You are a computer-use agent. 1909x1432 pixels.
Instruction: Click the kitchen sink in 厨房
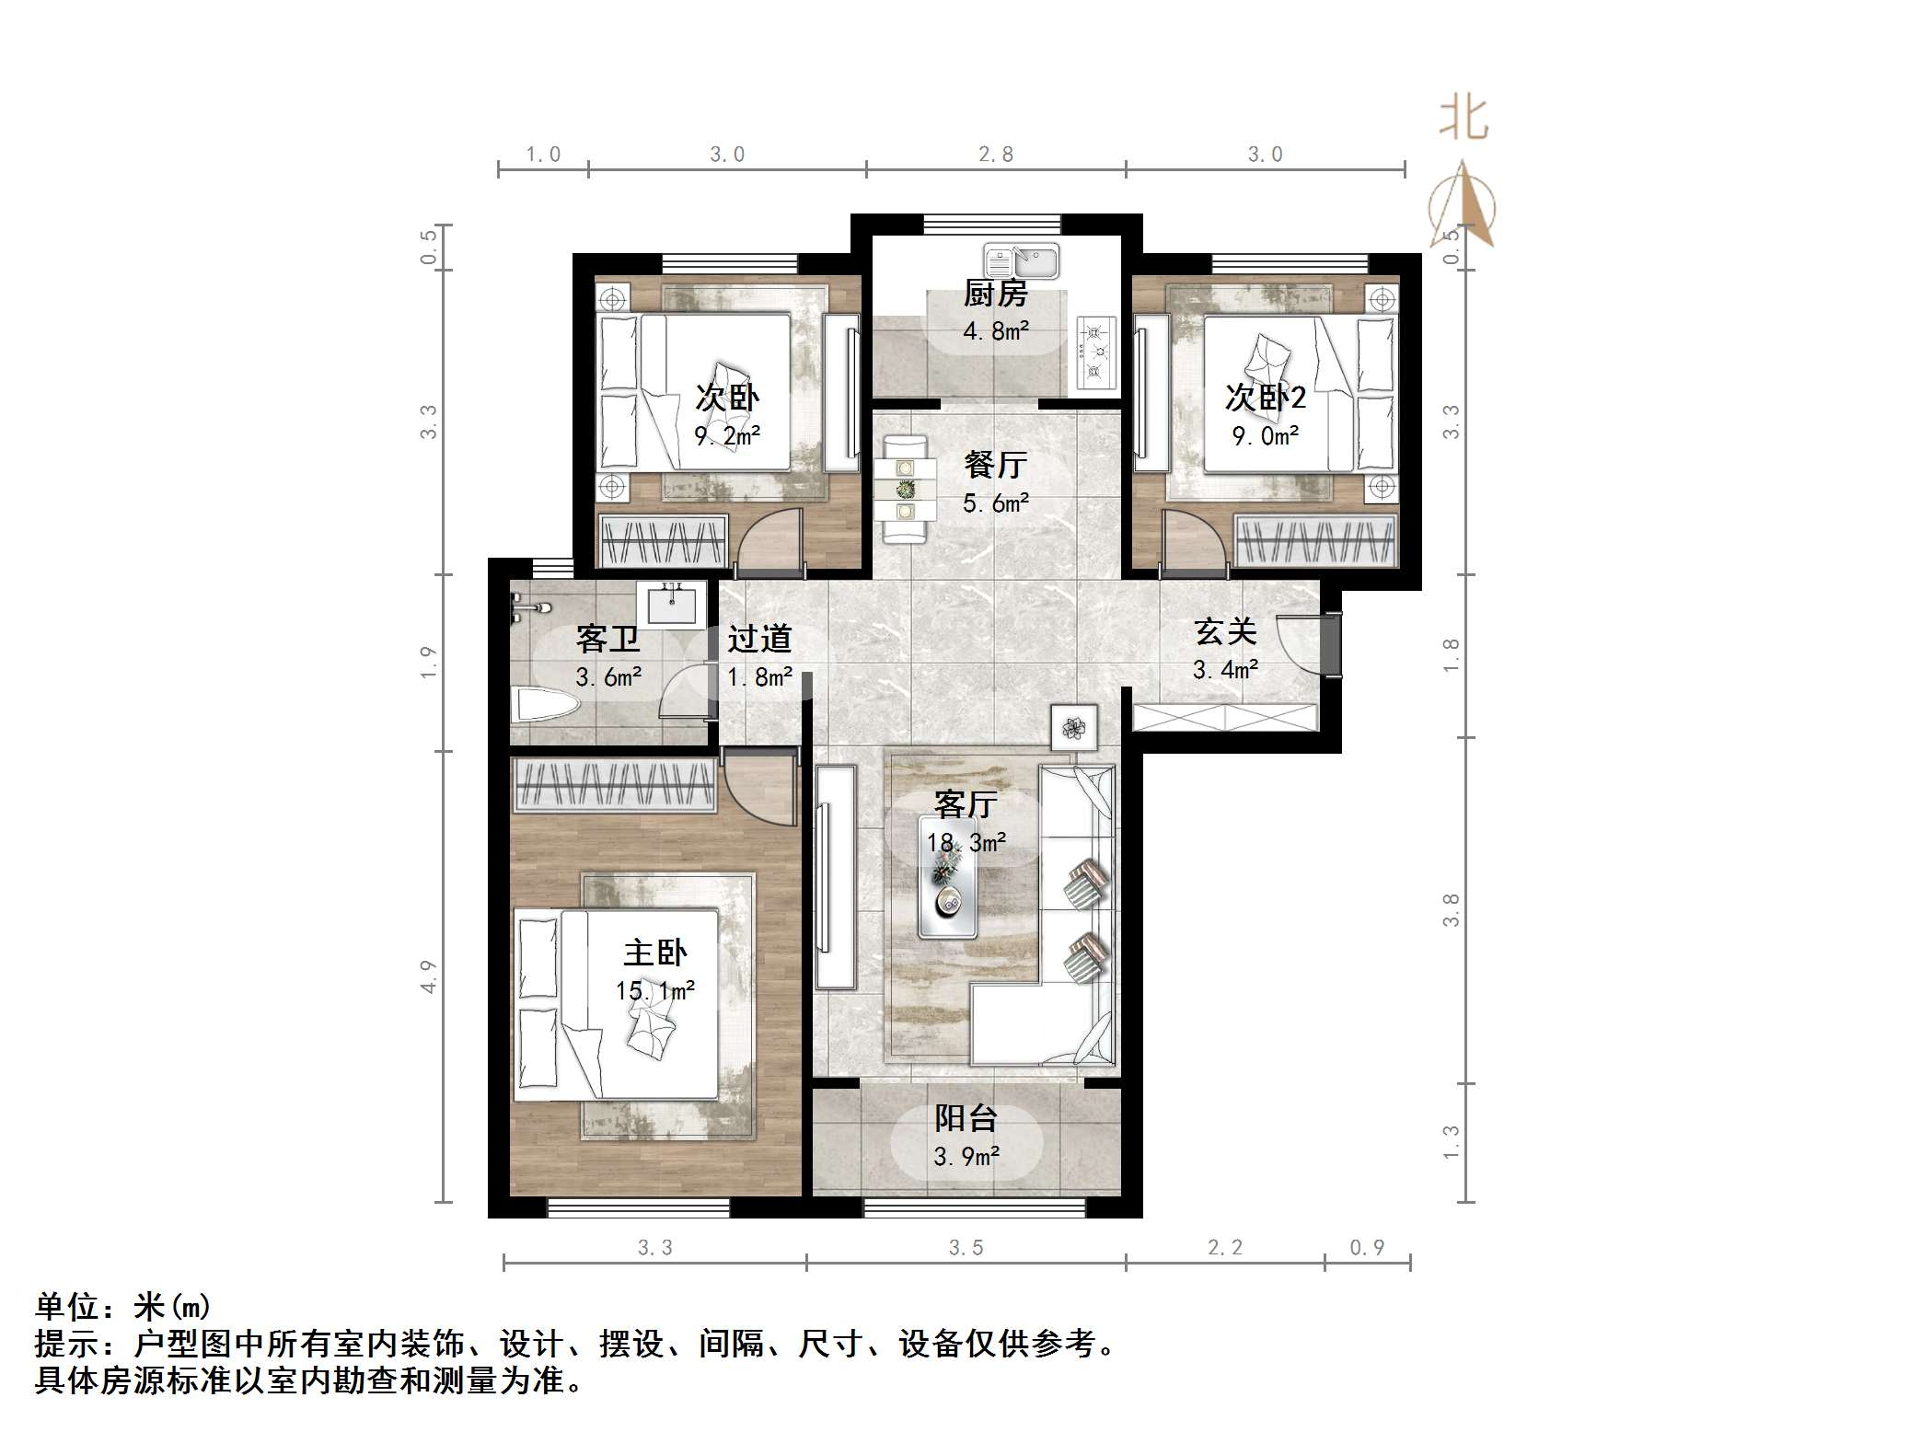coord(1021,260)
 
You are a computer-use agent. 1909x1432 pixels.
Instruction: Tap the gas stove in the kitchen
coord(1095,352)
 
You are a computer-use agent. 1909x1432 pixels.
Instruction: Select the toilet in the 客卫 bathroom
coord(545,706)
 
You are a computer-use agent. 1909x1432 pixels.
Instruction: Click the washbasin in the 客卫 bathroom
coord(671,604)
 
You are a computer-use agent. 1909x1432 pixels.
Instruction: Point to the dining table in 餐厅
coord(906,491)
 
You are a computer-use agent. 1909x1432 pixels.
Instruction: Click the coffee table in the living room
coord(947,876)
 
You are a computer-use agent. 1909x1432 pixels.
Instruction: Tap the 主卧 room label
coord(654,953)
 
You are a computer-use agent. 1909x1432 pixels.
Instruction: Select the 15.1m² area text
coord(654,991)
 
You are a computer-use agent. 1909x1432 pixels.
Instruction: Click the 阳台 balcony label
coord(966,1118)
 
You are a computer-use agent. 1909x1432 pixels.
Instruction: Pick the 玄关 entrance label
coord(1225,632)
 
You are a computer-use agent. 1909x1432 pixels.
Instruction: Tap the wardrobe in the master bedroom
coord(613,785)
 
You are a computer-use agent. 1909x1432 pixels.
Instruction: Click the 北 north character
coord(1464,120)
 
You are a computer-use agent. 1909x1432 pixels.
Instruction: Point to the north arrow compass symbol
coord(1463,207)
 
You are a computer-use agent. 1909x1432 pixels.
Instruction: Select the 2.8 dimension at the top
coord(995,155)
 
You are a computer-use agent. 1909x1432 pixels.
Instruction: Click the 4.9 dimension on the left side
coord(428,976)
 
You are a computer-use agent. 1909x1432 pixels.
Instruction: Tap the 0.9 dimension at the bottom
coord(1367,1247)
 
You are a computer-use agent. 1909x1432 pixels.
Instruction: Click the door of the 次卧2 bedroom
coord(1193,543)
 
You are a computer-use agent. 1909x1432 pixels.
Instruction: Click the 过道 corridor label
coord(759,638)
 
